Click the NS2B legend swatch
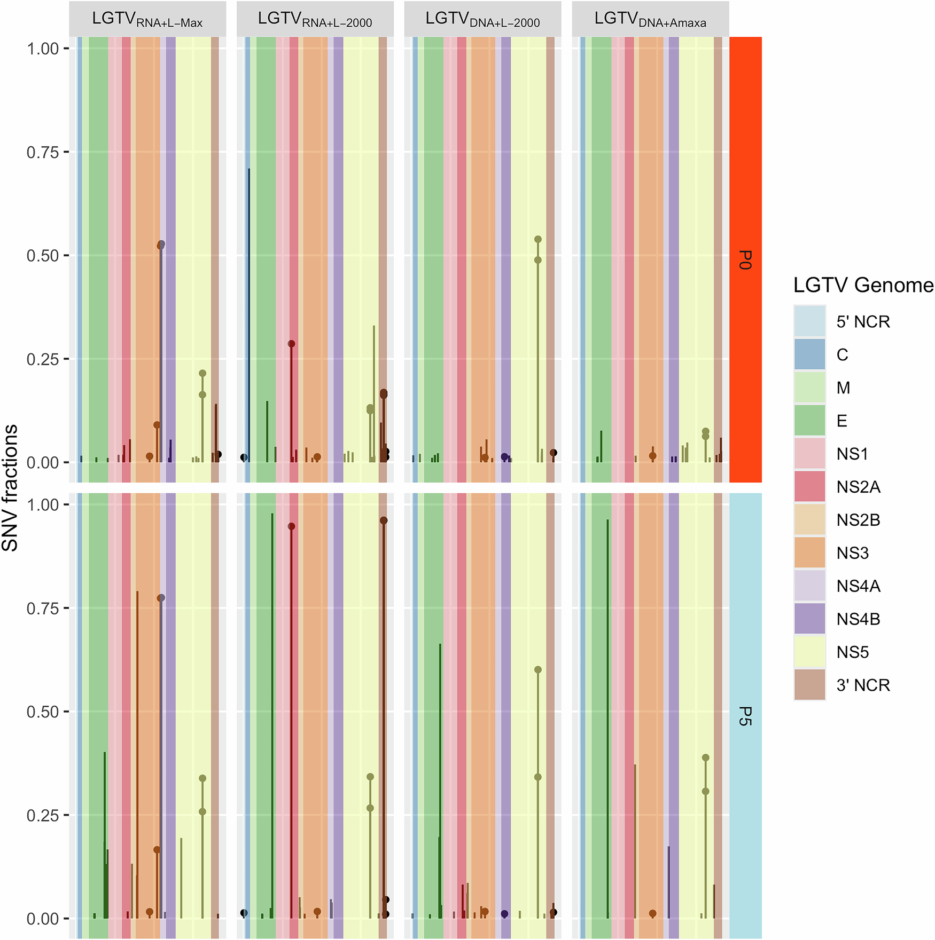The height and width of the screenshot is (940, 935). coord(809,519)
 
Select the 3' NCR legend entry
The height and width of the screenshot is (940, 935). coord(863,685)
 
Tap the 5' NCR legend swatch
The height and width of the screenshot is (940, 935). coord(809,321)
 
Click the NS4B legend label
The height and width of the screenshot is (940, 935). coord(858,619)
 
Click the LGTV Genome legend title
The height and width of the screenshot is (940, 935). coord(863,285)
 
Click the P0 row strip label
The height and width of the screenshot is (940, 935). coord(745,259)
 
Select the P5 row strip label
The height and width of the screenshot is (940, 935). coord(745,716)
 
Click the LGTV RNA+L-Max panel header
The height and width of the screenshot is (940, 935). coord(147,19)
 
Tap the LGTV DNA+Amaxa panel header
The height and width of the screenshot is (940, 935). coord(650,19)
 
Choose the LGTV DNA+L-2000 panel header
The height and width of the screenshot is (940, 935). coord(482,19)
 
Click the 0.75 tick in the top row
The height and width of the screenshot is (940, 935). coord(43,152)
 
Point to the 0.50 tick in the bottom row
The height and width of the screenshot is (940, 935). coord(43,712)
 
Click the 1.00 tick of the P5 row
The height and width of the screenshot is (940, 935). coord(43,504)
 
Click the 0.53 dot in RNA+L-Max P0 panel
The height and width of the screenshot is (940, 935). coord(161,244)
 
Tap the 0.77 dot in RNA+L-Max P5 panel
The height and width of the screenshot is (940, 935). coord(161,598)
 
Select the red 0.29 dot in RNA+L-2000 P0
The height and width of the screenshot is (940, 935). coord(291,344)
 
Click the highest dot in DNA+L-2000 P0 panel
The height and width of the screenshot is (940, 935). coord(538,239)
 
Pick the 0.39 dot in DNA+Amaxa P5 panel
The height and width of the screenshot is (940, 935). coord(705,757)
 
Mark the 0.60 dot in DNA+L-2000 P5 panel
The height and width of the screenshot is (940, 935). coord(538,669)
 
